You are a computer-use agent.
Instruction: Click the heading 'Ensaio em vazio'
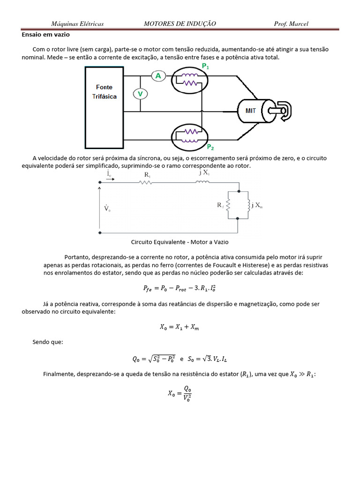pos(45,34)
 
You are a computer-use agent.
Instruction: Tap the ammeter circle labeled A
pos(158,76)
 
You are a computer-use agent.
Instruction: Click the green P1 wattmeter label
pos(205,67)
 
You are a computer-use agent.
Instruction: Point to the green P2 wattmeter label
pos(210,147)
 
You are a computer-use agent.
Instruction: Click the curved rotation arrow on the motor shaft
pos(284,110)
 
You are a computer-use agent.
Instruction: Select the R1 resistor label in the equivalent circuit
pos(147,174)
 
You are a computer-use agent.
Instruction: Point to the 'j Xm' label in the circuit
pos(257,205)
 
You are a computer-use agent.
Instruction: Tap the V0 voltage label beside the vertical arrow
pos(107,208)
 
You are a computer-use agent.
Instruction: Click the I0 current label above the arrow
pos(108,174)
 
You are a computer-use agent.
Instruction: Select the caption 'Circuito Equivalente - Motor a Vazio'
pos(179,242)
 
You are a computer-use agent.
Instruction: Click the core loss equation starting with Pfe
pos(180,288)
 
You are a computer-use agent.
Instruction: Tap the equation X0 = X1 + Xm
pos(180,328)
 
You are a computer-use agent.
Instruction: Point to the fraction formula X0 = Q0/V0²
pos(180,394)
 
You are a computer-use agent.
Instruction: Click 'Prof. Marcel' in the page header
pos(291,24)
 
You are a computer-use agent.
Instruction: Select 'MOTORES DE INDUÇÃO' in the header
pos(180,24)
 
